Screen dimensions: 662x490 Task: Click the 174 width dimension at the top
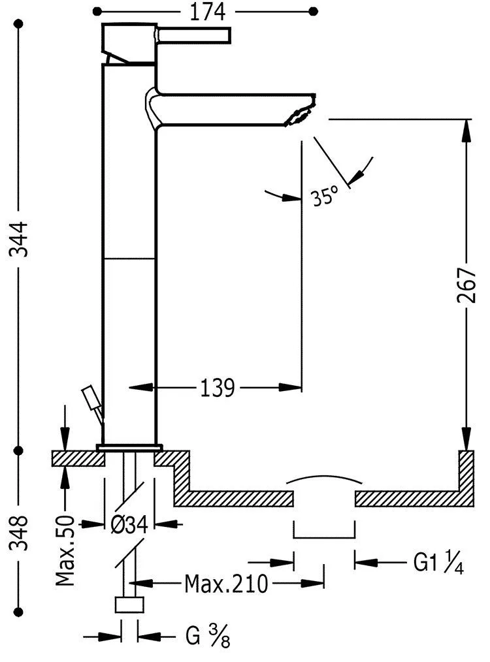(208, 11)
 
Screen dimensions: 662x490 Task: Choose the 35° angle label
(325, 195)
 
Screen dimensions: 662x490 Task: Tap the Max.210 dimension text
(226, 583)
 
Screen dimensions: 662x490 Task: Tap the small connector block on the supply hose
(129, 605)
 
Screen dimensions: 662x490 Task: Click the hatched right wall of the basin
(467, 473)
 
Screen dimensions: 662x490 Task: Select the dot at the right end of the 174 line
(313, 11)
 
